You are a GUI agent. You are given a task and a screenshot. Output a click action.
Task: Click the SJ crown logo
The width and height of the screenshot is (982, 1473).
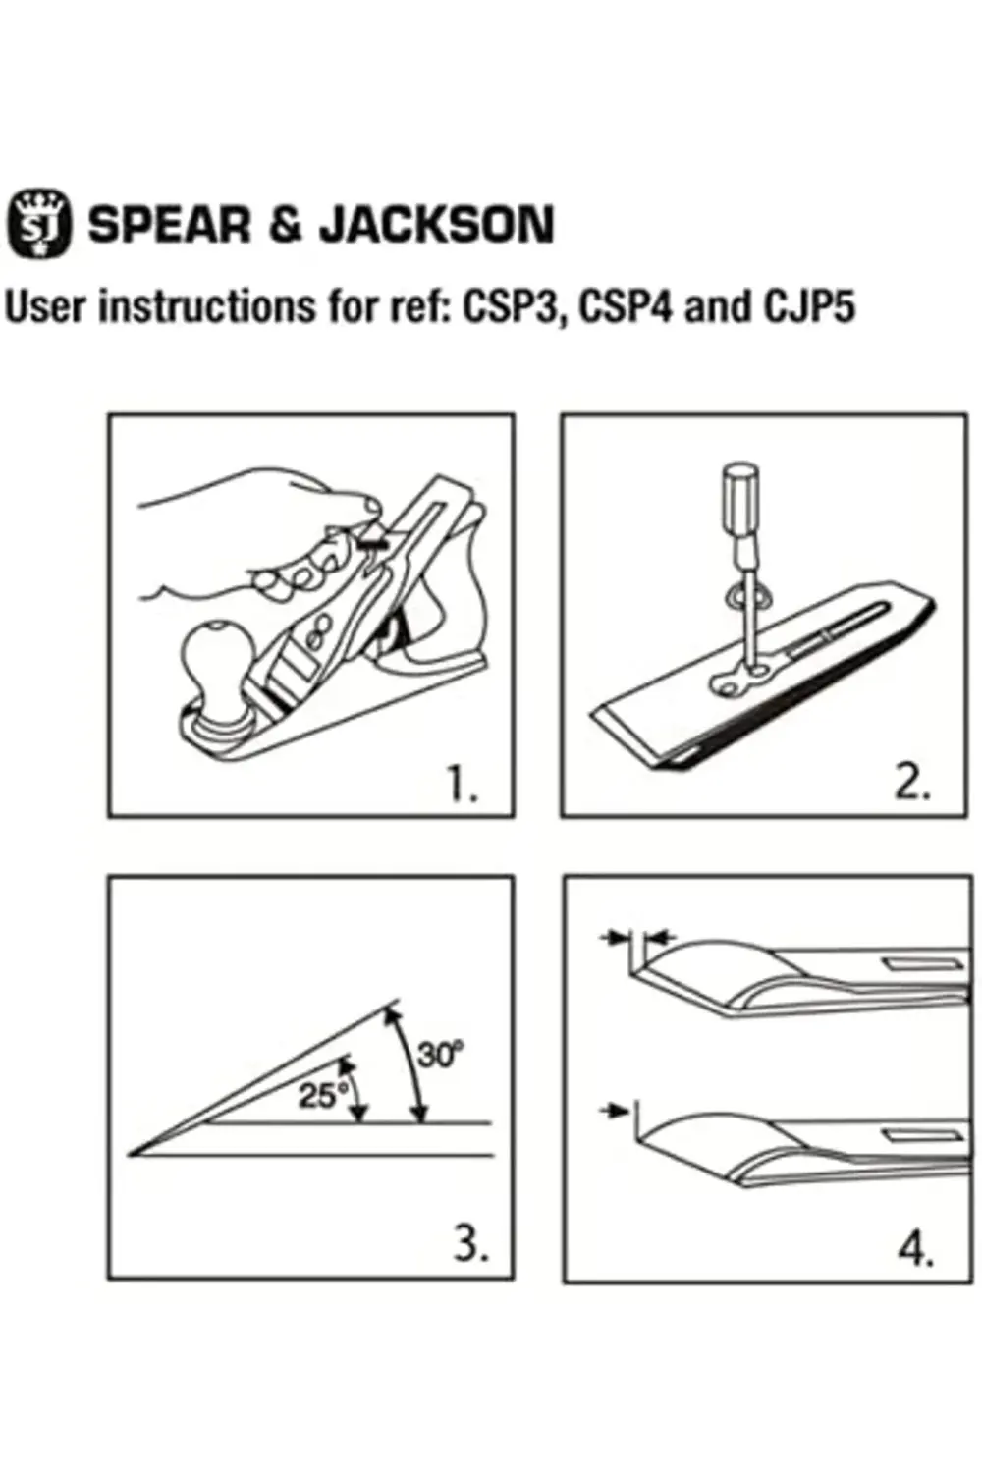[x=39, y=224]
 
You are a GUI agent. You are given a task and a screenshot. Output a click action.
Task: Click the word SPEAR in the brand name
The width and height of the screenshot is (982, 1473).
[x=170, y=225]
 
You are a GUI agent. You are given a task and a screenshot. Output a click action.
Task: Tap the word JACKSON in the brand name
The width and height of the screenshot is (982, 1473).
[x=437, y=225]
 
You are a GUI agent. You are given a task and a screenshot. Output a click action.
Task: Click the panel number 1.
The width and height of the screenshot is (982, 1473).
[x=464, y=786]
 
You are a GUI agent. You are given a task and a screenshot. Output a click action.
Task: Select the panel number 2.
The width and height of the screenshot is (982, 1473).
[x=913, y=785]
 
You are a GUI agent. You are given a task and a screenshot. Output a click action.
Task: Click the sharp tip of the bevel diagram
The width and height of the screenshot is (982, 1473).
[x=130, y=1154]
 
